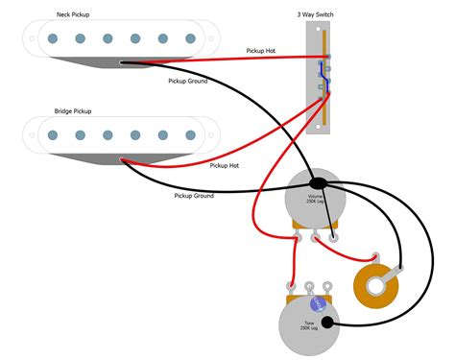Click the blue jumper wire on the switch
(x=328, y=84)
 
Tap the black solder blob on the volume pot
(x=318, y=181)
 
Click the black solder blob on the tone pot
(x=327, y=322)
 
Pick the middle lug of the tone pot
(x=309, y=285)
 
